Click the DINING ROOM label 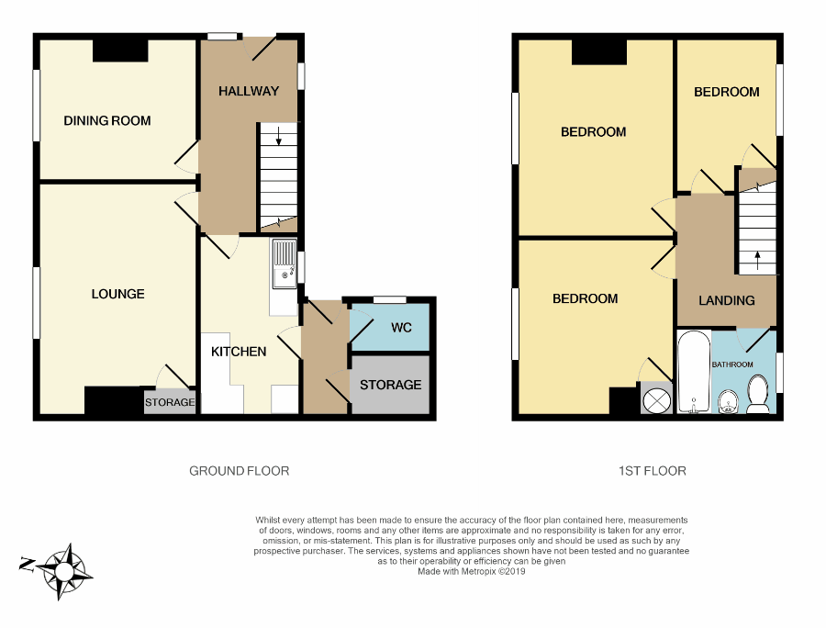tap(106, 120)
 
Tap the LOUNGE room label tap(117, 294)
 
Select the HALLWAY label tap(248, 91)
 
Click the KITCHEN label tap(239, 352)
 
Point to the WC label tap(401, 328)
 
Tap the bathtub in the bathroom tap(692, 372)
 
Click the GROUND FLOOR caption tap(239, 471)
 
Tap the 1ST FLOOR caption tap(652, 471)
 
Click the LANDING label tap(726, 300)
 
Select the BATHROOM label tap(732, 364)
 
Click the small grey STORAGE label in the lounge tap(170, 402)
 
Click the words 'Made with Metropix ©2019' tap(472, 570)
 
